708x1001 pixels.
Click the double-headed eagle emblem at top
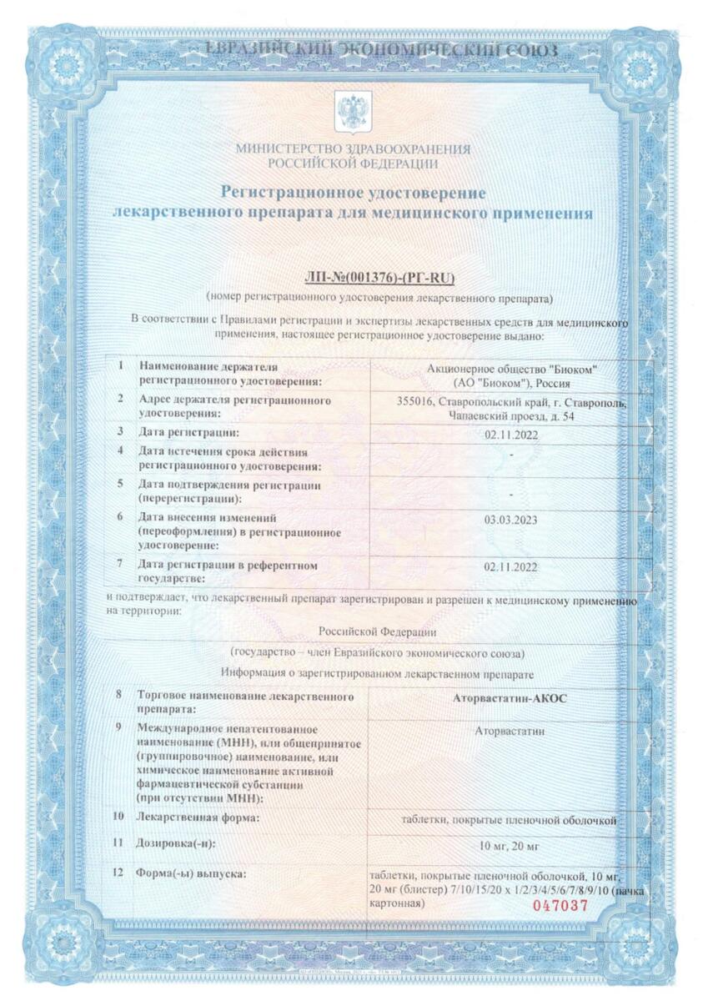[x=352, y=113]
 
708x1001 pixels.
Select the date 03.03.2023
[x=510, y=521]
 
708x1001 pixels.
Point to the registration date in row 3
[x=510, y=432]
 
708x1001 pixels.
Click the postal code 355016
[x=419, y=401]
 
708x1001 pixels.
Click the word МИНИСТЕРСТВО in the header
[x=280, y=149]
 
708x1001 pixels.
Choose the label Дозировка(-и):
[x=176, y=843]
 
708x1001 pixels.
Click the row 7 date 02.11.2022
[x=510, y=566]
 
